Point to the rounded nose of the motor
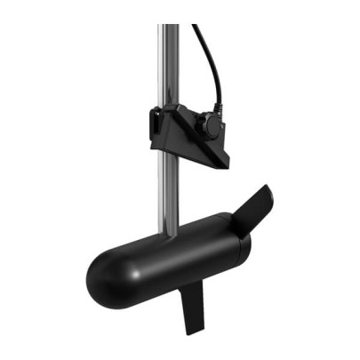pyautogui.click(x=100, y=277)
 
